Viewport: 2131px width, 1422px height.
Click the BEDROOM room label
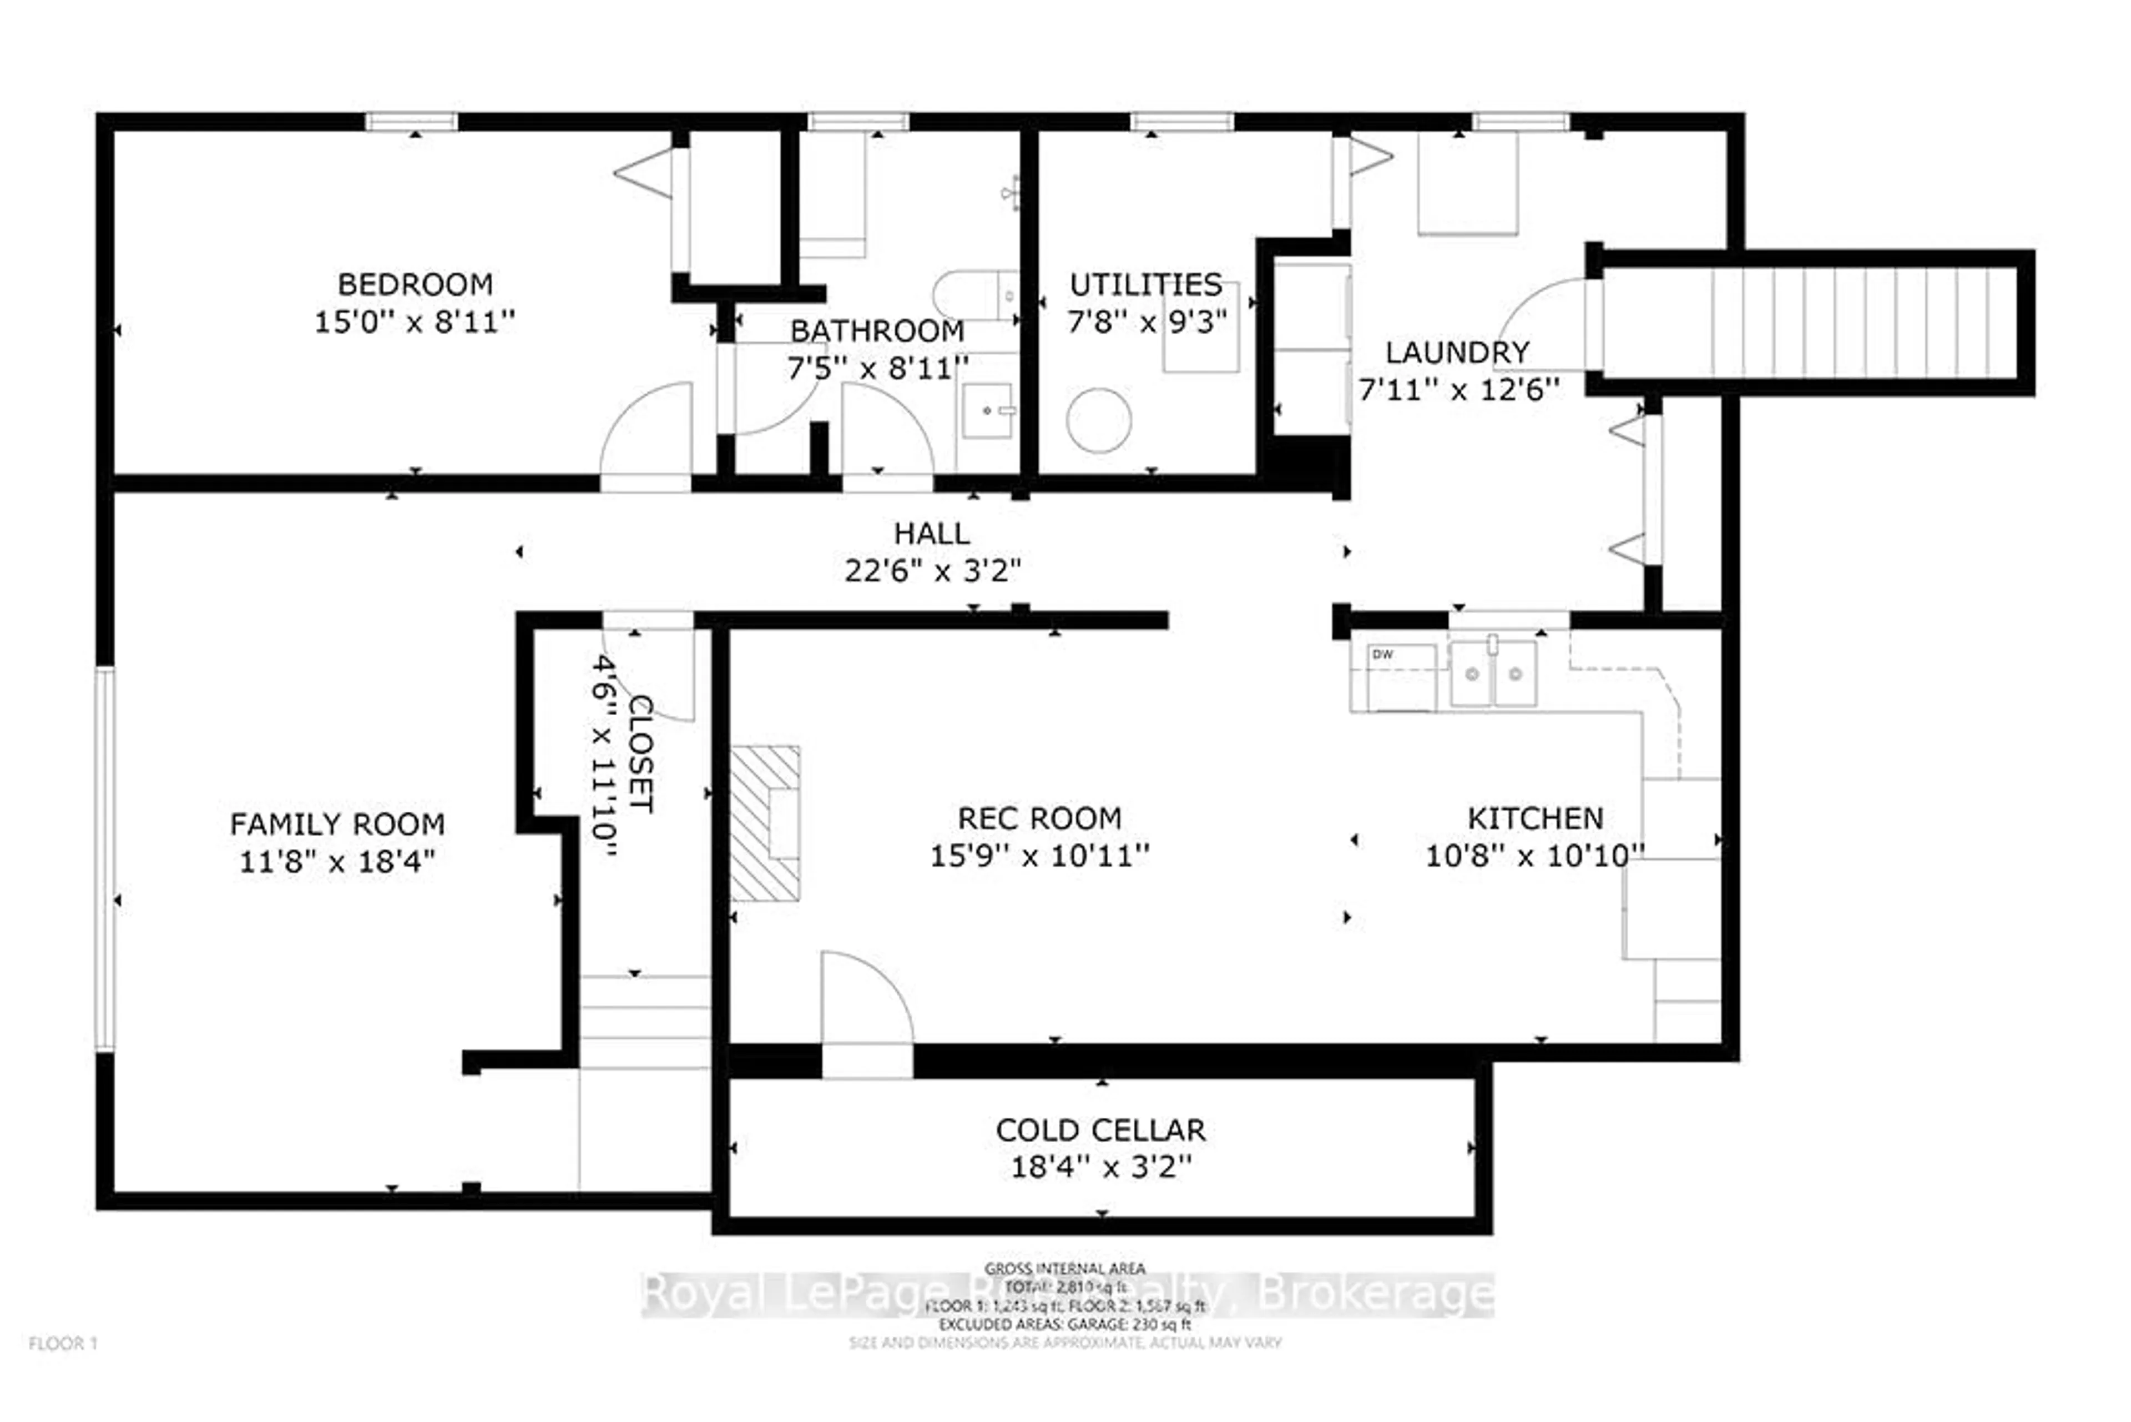415,285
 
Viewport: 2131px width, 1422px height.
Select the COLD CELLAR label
1100,1130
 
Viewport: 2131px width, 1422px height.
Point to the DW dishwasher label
1382,655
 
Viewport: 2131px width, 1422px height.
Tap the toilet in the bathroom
974,295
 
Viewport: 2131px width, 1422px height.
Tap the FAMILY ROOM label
337,825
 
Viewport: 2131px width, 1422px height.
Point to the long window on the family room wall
106,859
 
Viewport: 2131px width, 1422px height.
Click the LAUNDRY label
1457,352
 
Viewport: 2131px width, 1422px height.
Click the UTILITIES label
1146,285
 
